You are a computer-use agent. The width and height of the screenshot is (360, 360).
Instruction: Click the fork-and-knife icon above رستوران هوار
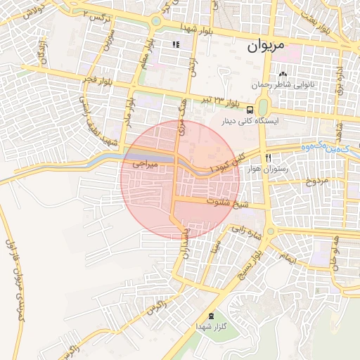(x=267, y=157)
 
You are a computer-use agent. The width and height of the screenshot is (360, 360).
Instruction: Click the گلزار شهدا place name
(x=209, y=328)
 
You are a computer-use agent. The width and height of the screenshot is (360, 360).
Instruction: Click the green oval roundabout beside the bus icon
(x=263, y=108)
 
